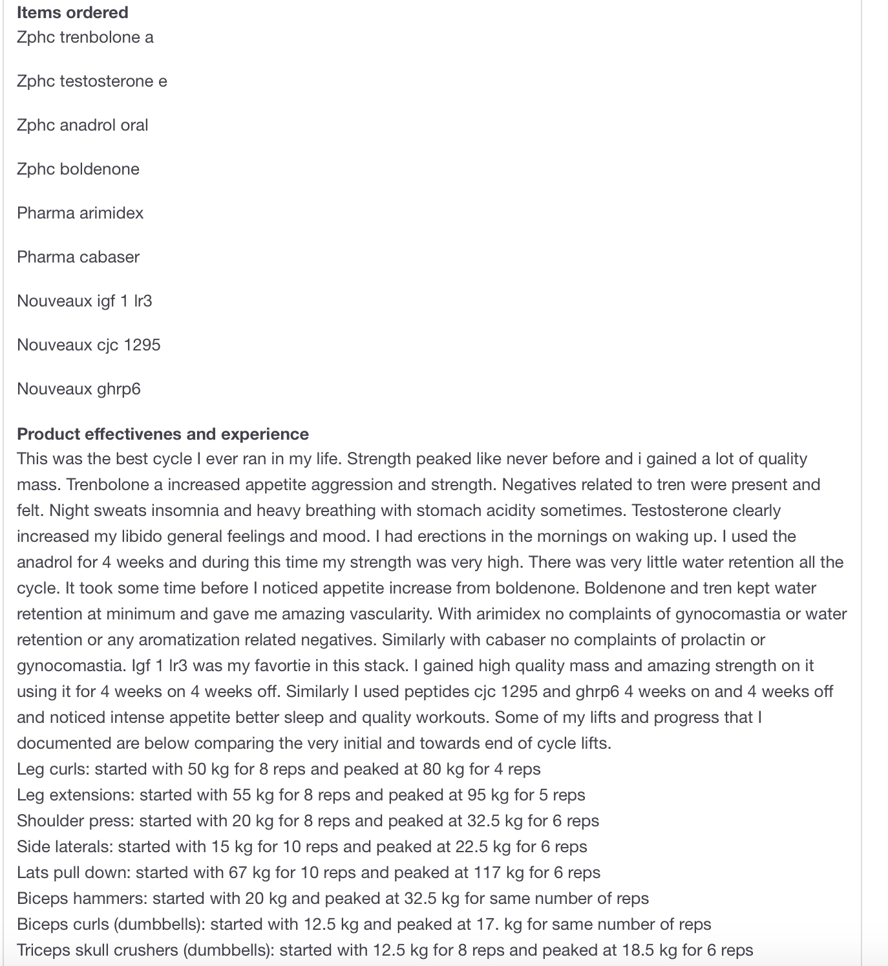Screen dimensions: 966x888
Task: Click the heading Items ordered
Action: (72, 12)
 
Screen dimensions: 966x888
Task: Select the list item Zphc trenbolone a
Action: (85, 37)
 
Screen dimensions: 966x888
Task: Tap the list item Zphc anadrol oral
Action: (83, 125)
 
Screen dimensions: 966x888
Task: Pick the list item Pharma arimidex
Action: (80, 213)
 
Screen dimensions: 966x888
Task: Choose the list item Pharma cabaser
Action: (78, 257)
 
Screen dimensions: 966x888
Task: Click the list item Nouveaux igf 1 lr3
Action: (85, 301)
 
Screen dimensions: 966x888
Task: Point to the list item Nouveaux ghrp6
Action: (79, 389)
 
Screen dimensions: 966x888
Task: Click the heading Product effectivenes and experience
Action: (163, 434)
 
